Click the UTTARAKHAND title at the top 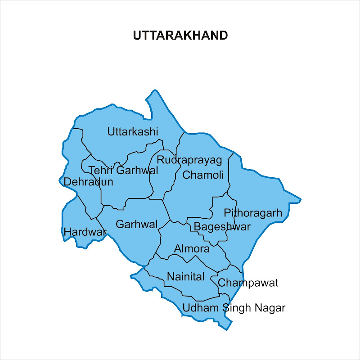tap(180, 36)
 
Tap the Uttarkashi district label tap(133, 132)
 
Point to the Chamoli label tap(203, 175)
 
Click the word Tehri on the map tap(101, 171)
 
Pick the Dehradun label tap(89, 182)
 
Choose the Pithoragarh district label tap(253, 213)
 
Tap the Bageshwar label tap(222, 226)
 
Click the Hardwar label tap(85, 232)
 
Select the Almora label tap(192, 249)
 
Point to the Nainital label tap(186, 277)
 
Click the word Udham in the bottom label tap(201, 308)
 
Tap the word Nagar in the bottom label tap(270, 308)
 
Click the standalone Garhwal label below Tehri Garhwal tap(136, 224)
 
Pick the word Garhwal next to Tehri tap(137, 171)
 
